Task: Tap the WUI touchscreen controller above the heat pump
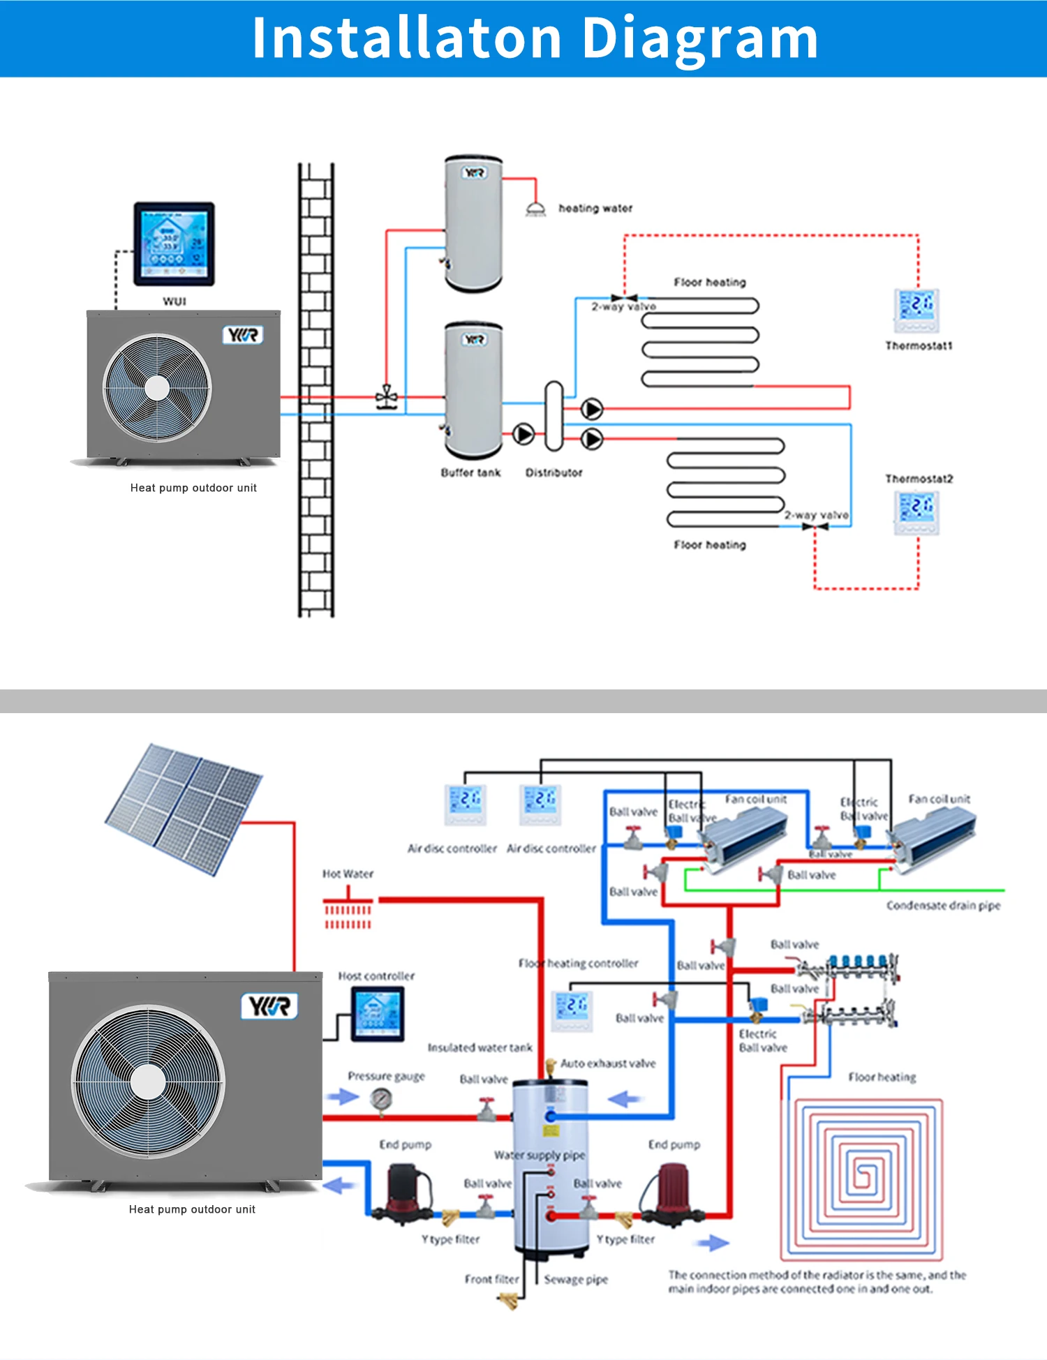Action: pos(174,244)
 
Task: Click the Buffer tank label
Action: pos(470,472)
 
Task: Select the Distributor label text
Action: pos(554,472)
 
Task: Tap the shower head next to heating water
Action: pos(535,209)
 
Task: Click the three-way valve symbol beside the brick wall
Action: pos(386,398)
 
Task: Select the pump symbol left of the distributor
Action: pos(523,434)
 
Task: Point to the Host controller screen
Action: pos(377,1014)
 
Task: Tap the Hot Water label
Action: pos(348,874)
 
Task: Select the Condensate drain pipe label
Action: pos(943,906)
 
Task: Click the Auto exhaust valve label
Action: pos(608,1063)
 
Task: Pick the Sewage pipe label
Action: pos(576,1279)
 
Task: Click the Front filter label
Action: pos(491,1279)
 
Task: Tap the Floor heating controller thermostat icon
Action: pos(572,1009)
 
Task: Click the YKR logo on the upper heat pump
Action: pos(243,335)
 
